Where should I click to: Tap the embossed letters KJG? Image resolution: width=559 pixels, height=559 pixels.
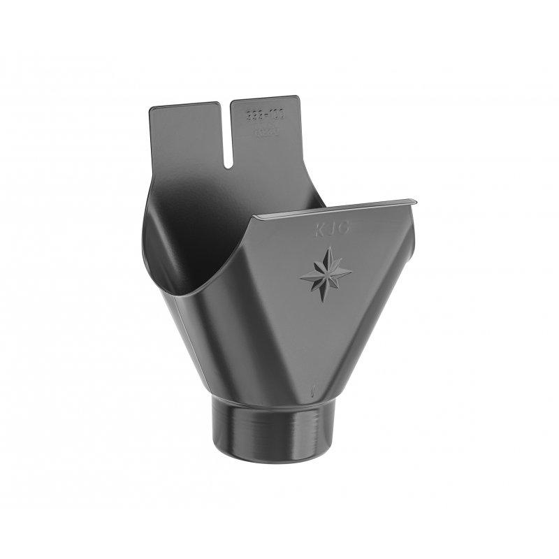tap(331, 228)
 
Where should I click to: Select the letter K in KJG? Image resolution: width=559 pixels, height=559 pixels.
tap(321, 230)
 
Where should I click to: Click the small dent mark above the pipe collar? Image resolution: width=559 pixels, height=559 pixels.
tap(314, 389)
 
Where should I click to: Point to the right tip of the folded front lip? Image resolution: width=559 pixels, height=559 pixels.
tap(416, 202)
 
